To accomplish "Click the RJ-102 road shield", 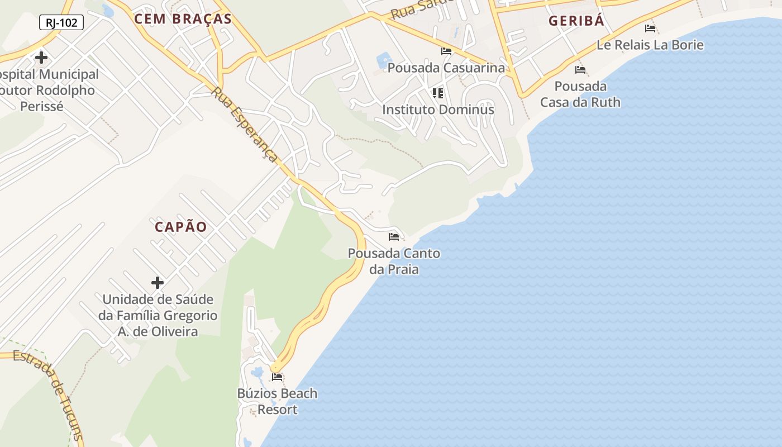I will (61, 23).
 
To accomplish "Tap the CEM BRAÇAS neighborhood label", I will (183, 19).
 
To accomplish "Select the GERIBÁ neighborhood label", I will (576, 21).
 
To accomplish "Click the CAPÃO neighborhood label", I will (181, 227).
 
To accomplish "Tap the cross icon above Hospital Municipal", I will (41, 58).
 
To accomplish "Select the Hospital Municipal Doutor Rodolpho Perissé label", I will (47, 90).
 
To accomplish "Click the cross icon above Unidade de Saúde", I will (158, 283).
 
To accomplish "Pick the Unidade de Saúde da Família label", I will (158, 316).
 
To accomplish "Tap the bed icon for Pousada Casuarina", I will (446, 51).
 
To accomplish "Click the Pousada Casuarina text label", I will (446, 68).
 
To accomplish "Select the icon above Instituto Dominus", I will (437, 93).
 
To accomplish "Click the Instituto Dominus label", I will (438, 110).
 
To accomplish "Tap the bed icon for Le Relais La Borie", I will (650, 28).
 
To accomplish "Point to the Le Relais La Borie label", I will (650, 45).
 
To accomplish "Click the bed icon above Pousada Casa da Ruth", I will (580, 70).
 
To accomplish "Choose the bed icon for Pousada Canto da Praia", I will (394, 236).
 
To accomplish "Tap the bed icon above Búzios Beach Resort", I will (277, 377).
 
